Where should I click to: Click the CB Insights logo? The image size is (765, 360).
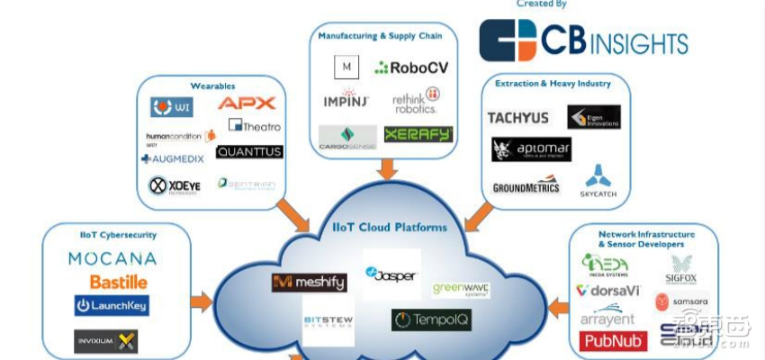(583, 40)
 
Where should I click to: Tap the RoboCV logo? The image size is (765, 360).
(411, 67)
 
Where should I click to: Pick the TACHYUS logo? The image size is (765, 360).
(517, 118)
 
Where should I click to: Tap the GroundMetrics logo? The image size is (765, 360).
(526, 187)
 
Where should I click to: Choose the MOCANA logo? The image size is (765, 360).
(112, 259)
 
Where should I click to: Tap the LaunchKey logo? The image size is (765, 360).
(112, 306)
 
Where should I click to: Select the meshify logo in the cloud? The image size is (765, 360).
(309, 283)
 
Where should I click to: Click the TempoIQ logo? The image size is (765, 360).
(430, 319)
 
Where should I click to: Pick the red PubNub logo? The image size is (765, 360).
(614, 341)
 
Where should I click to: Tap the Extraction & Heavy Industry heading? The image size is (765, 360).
(553, 84)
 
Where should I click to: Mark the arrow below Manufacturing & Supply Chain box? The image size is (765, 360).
(388, 168)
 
